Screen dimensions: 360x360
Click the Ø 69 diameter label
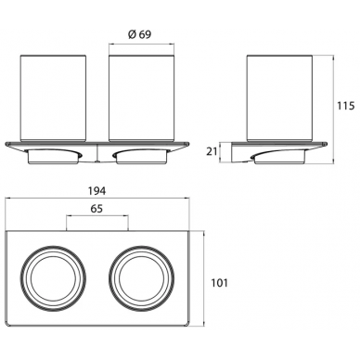click(140, 34)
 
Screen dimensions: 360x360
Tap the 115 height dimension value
click(345, 106)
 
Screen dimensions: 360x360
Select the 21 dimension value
click(212, 152)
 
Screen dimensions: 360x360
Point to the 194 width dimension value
click(97, 191)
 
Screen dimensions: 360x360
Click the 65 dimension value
click(96, 209)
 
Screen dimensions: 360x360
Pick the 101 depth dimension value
click(219, 283)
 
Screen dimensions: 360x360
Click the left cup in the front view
click(53, 98)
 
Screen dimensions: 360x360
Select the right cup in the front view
click(141, 98)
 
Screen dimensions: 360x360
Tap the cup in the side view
click(279, 98)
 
